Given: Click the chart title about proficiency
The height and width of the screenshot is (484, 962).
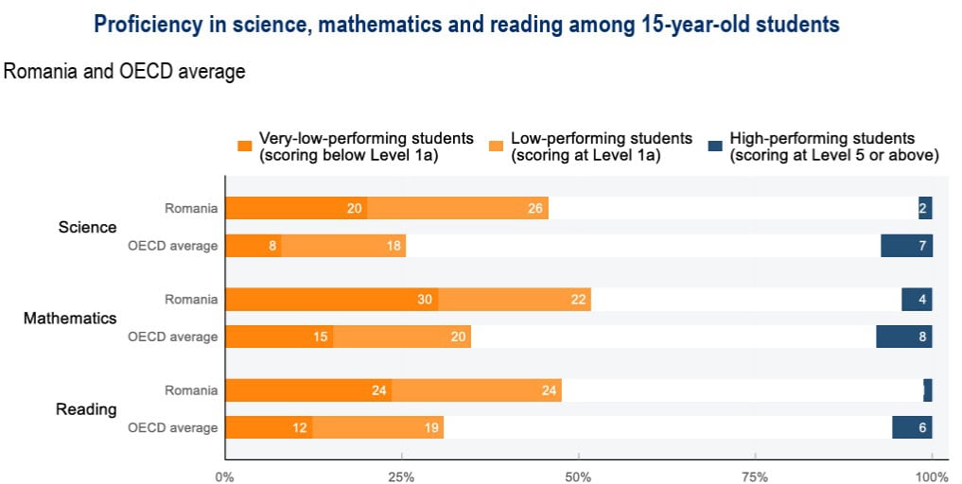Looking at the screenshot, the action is tap(466, 25).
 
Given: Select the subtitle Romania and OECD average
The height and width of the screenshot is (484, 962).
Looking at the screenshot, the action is tap(125, 71).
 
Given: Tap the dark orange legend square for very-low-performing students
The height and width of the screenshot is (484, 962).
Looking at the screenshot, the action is tap(245, 146).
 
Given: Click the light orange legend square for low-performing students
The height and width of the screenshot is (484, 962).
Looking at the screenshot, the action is tap(497, 146).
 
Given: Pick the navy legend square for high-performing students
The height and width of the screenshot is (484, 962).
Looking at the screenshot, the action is tap(715, 146).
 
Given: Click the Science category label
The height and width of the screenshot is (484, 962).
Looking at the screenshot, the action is tap(87, 227).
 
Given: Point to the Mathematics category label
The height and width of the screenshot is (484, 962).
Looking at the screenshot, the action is tap(70, 318).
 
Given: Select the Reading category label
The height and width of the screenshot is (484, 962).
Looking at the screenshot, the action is tap(86, 409).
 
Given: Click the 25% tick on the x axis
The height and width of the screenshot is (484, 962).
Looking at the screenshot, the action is tap(402, 476).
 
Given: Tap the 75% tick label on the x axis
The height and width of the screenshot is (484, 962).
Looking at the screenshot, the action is tap(755, 476).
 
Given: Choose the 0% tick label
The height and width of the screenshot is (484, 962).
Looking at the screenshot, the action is tap(225, 476).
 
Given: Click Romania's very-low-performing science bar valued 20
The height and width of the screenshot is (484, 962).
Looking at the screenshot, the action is tap(296, 208).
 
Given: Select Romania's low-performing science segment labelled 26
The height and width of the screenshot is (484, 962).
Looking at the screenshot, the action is tap(458, 208).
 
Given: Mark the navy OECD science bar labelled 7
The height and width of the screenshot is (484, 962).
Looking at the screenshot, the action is tap(906, 246).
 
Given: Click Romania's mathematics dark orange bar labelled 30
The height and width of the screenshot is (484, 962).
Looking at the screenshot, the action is tap(332, 300).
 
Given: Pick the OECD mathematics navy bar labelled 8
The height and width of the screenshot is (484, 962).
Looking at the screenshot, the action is tap(903, 337).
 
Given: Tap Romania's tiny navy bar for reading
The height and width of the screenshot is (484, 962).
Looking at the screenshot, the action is tap(928, 390).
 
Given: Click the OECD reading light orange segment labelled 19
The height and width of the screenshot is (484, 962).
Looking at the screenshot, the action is tap(378, 427).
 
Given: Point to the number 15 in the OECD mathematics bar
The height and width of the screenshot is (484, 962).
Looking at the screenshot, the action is tap(321, 337).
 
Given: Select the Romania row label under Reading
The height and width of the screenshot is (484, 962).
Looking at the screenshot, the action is tap(191, 390).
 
